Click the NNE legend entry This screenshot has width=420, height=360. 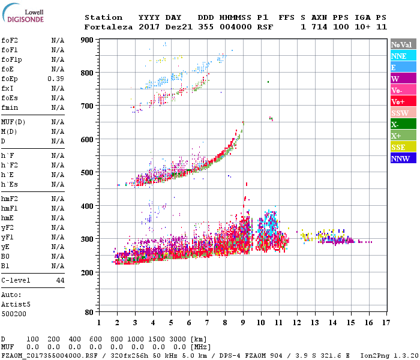tap(403, 56)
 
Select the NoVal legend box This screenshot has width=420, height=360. tap(403, 44)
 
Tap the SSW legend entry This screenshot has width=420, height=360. tap(403, 113)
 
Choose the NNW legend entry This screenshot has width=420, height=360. tap(403, 158)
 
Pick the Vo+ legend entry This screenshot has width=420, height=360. tap(403, 101)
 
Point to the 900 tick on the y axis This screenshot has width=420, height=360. tap(87, 40)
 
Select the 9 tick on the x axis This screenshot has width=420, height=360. tap(243, 322)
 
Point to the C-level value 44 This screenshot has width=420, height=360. tap(60, 280)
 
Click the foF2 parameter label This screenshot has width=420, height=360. tap(9, 40)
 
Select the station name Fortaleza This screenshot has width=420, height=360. tap(109, 27)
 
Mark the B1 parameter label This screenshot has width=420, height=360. tap(5, 266)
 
